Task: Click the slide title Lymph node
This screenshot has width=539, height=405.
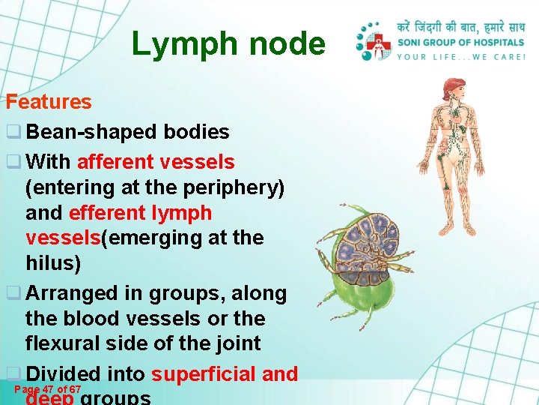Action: [x=228, y=44]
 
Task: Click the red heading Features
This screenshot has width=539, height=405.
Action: [x=49, y=102]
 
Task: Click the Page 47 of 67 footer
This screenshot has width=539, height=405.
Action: [x=48, y=389]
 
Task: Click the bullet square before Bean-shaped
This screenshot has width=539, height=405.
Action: [x=13, y=133]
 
